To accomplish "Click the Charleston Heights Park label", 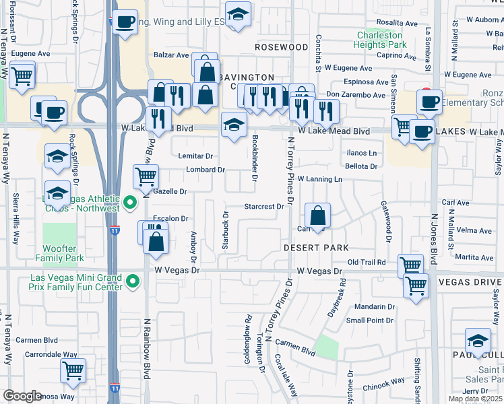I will [x=380, y=40].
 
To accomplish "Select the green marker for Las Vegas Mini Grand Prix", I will [x=133, y=281].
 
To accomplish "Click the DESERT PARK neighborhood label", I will [x=306, y=248].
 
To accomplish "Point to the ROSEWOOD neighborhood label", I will [x=282, y=47].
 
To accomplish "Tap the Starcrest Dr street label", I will [x=263, y=207].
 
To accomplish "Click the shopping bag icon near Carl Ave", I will [x=317, y=217].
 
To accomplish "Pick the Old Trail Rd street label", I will [x=367, y=262].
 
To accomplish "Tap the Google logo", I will [x=22, y=396].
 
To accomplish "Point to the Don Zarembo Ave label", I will [x=356, y=95].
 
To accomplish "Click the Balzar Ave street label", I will [x=171, y=55].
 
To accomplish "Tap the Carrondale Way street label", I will [x=51, y=354].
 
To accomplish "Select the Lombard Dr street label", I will [x=205, y=170].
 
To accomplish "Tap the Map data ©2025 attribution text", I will [x=476, y=399].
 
